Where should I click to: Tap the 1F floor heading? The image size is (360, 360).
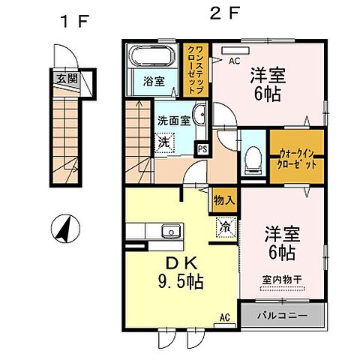coord(75,19)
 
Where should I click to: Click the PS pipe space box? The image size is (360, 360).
coord(202,148)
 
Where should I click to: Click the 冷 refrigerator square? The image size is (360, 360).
coord(225,224)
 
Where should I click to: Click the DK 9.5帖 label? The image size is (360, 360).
coord(179,274)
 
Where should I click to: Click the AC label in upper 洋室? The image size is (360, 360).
coord(234,61)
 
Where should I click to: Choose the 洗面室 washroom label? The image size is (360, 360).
coord(173,120)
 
